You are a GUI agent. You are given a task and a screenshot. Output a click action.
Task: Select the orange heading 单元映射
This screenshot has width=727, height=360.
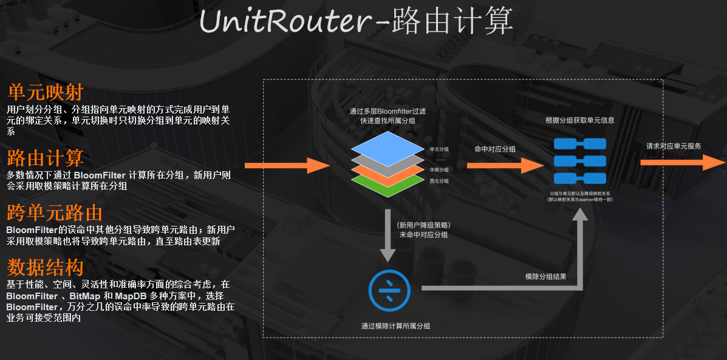point(45,93)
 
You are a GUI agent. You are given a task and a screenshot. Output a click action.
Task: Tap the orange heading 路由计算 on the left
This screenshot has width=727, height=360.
point(45,158)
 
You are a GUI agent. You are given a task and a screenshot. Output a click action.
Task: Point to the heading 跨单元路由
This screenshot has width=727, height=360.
point(54,212)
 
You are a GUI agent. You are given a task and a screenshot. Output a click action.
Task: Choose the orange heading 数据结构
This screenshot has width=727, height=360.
point(45,267)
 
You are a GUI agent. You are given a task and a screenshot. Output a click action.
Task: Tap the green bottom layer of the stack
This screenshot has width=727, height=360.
point(387,182)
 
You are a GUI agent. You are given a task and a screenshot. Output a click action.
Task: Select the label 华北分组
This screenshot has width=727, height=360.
point(439,148)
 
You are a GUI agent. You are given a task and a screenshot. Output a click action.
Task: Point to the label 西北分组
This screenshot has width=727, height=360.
point(439,181)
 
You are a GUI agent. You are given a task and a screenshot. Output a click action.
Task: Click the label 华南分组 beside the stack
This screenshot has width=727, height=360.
point(439,170)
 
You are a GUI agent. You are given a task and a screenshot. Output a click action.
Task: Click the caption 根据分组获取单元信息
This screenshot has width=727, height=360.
point(579,120)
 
